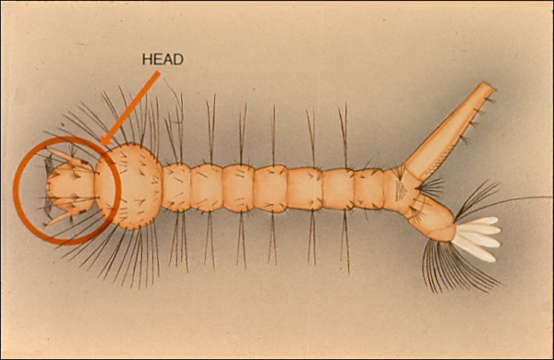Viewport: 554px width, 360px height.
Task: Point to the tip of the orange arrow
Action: [101, 146]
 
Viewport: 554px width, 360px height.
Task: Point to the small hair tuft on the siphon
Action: [466, 138]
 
